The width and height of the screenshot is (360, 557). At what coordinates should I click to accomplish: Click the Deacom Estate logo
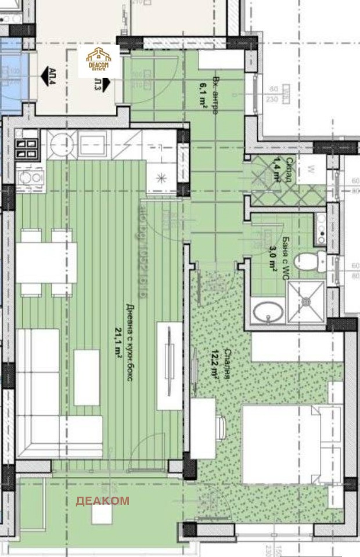click(99, 60)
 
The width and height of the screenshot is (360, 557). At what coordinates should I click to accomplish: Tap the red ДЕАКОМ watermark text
click(102, 501)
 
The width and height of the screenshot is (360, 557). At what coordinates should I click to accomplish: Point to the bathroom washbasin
click(268, 313)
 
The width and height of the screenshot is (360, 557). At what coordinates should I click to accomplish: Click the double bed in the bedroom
click(290, 444)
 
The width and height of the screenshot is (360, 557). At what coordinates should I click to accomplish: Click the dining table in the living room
click(46, 262)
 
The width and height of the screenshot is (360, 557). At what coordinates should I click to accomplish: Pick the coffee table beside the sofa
click(87, 377)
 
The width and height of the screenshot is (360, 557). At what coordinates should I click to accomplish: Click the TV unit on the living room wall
click(168, 366)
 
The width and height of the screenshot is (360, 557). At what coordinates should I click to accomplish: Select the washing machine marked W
click(311, 170)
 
